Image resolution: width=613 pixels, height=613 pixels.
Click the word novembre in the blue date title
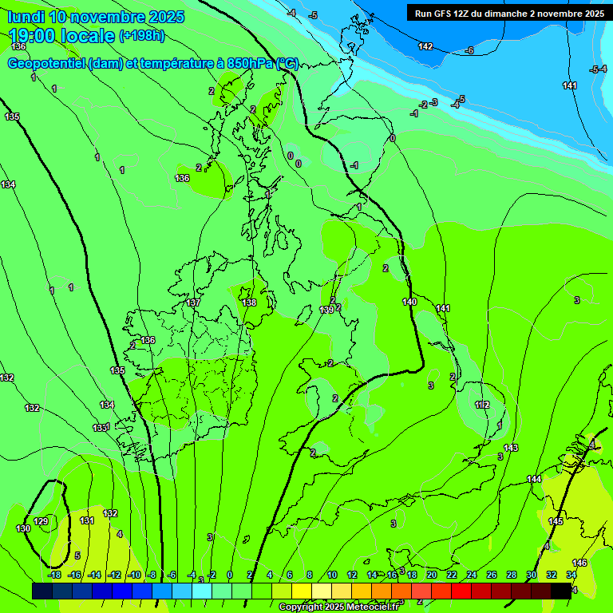click(106, 17)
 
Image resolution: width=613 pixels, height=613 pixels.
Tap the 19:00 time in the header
click(40, 36)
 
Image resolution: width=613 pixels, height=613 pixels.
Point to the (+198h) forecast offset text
click(142, 36)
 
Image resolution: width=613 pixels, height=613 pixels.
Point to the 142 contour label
click(425, 46)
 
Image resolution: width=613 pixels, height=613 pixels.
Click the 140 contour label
click(409, 302)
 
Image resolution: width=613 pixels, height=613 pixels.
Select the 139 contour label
click(326, 310)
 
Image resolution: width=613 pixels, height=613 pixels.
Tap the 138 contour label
click(249, 303)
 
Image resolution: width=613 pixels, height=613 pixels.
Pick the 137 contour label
click(193, 303)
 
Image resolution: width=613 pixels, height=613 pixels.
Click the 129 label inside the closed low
click(42, 521)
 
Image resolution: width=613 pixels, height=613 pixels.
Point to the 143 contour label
click(511, 448)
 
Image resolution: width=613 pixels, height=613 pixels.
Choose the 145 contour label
click(556, 521)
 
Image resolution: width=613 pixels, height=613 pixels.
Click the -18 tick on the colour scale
click(55, 575)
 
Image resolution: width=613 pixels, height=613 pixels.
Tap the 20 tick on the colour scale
click(431, 575)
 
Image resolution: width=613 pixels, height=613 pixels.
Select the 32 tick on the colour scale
click(551, 575)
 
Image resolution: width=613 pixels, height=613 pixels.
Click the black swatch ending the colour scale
click(561, 591)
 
